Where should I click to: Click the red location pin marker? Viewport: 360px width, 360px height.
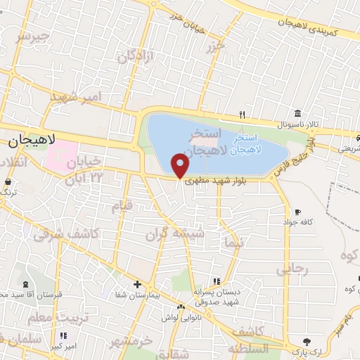tap(181, 166)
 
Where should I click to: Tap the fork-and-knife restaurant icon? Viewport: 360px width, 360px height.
tap(243, 114)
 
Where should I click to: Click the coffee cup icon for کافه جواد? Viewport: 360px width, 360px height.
tap(298, 212)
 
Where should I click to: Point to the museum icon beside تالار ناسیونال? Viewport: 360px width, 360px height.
tap(298, 114)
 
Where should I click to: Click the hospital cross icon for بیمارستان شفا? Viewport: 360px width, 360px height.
tap(138, 285)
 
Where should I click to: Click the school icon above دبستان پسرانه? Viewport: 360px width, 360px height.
tap(225, 281)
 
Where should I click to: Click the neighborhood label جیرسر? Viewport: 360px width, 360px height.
tap(32, 36)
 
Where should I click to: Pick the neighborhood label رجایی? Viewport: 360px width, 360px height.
tap(291, 269)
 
